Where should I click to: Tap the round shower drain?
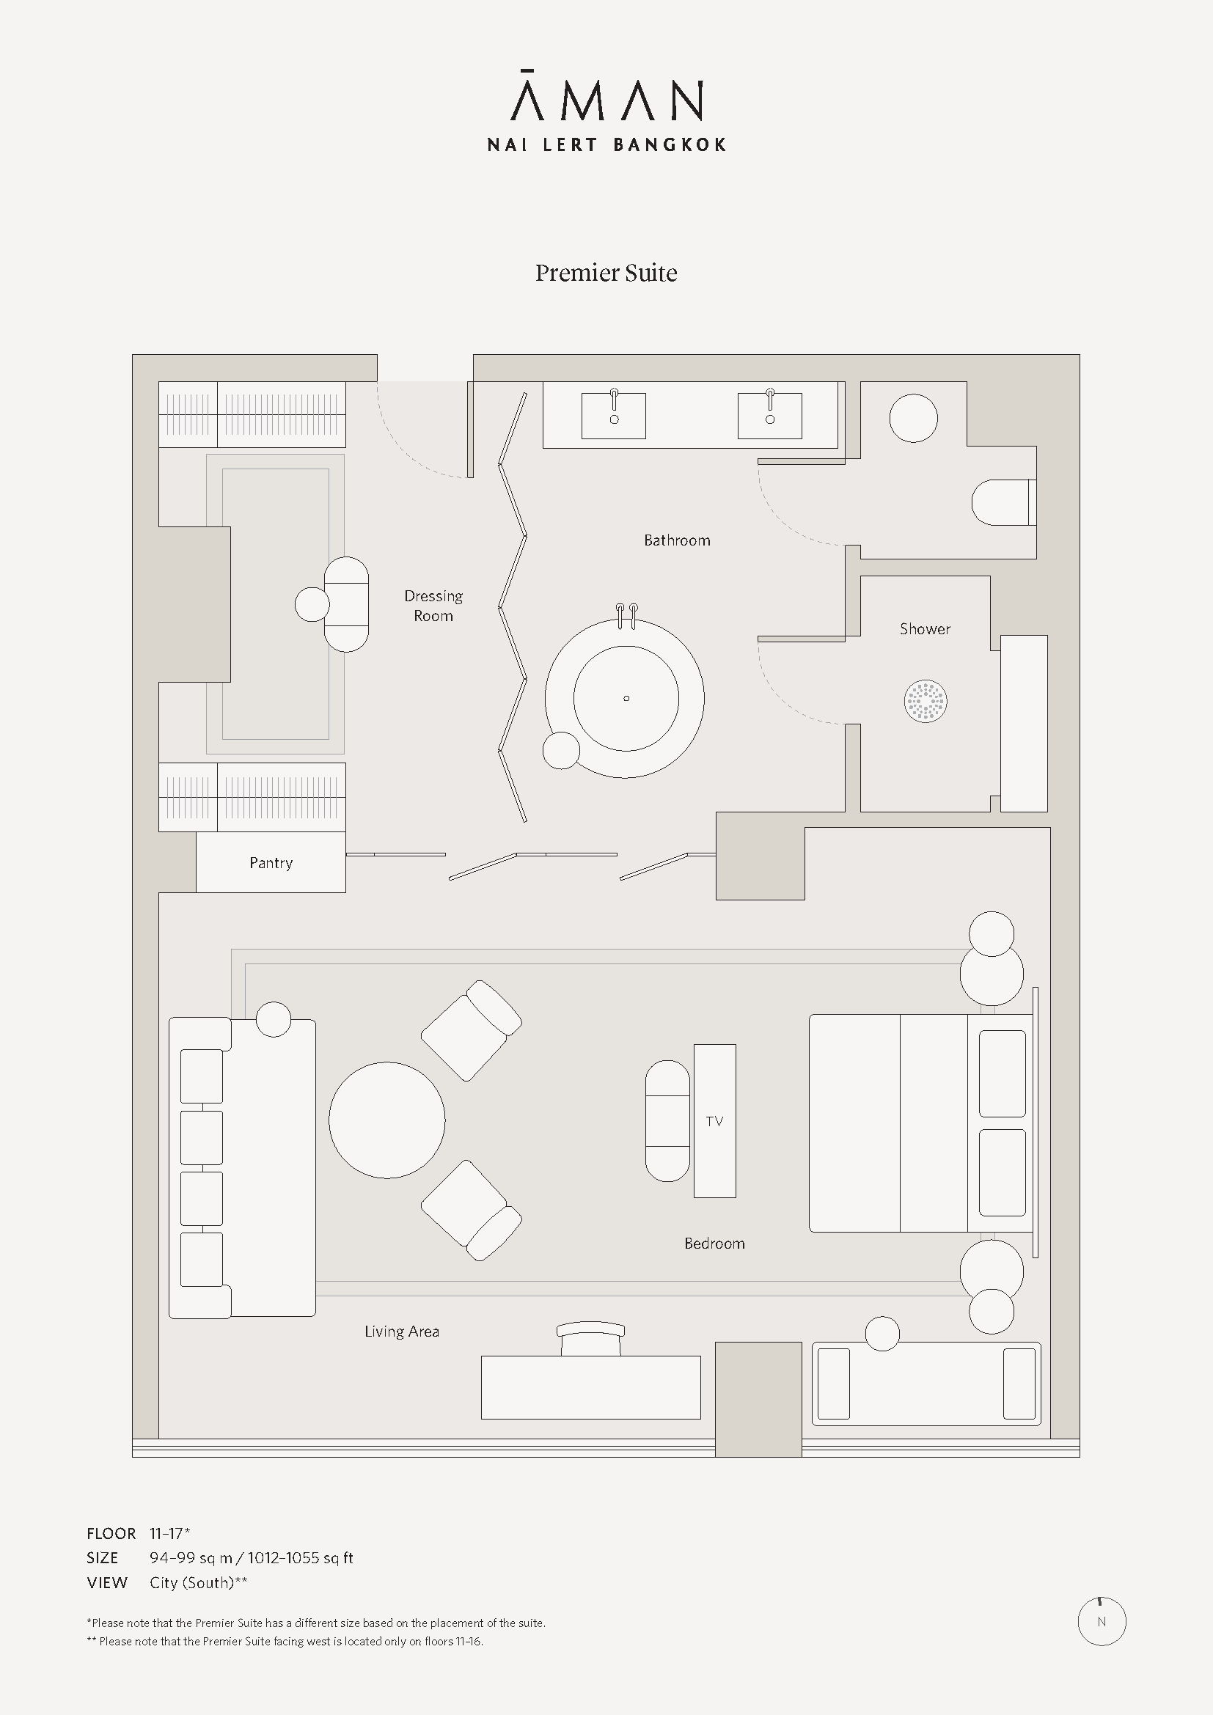pos(926,702)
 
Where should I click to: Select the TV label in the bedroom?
pos(714,1121)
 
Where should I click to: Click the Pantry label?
pos(271,863)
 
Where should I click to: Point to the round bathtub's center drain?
pos(626,699)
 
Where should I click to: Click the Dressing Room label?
pos(433,606)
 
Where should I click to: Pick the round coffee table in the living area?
pos(387,1120)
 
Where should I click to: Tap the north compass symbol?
pos(1102,1622)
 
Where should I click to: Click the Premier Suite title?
pos(606,273)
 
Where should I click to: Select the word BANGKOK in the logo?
pos(670,144)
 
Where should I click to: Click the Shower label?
pos(925,629)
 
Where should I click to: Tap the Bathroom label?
pos(678,540)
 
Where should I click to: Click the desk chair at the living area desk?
pos(590,1339)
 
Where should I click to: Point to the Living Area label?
pos(402,1331)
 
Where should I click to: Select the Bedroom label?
pos(715,1243)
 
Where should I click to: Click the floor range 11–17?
pos(169,1533)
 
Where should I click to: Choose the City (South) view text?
pos(199,1583)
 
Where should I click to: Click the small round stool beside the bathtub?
pos(561,751)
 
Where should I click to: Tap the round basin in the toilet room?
pos(914,418)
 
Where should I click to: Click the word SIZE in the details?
pos(103,1558)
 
